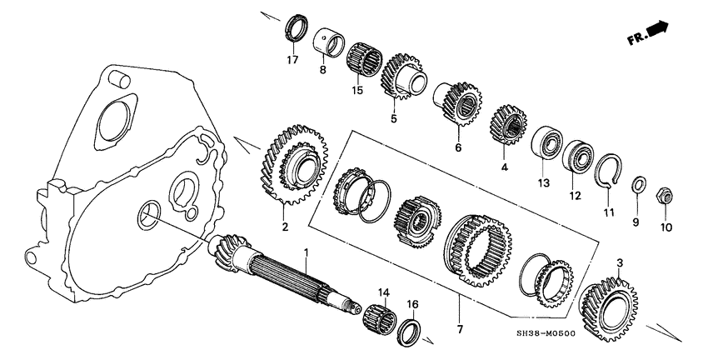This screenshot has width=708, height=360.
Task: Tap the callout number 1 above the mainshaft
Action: pos(306,252)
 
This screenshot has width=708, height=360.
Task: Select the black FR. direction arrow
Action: pos(657,31)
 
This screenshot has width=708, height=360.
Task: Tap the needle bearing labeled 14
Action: pos(378,319)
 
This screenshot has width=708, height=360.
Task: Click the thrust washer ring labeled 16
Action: pos(410,330)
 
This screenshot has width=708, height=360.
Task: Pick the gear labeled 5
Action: pos(402,78)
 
